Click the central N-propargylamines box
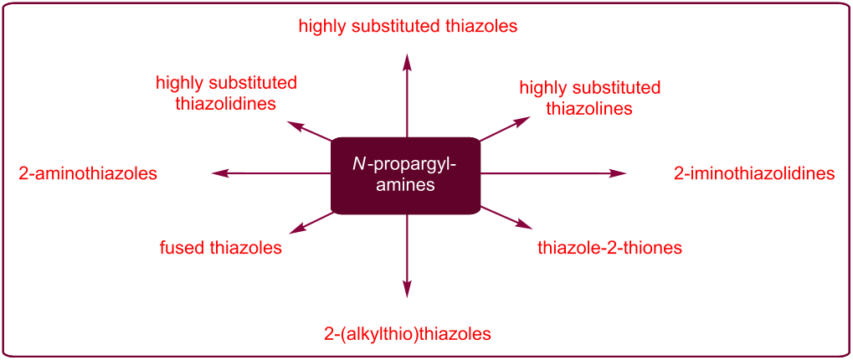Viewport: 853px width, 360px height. (406, 175)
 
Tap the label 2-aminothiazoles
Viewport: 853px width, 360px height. (88, 174)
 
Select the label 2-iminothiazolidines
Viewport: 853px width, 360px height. (754, 174)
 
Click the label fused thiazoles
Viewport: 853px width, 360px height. (220, 248)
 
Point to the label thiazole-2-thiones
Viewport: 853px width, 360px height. (609, 248)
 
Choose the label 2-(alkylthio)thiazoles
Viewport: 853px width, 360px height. (407, 333)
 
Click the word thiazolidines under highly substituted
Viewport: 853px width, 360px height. (226, 104)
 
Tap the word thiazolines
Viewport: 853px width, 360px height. (589, 109)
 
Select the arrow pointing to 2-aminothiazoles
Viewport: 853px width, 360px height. (268, 173)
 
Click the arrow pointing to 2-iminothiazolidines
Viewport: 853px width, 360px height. (552, 173)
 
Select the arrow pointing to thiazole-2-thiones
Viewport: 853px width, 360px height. (506, 217)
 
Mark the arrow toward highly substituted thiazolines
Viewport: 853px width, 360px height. (505, 129)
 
